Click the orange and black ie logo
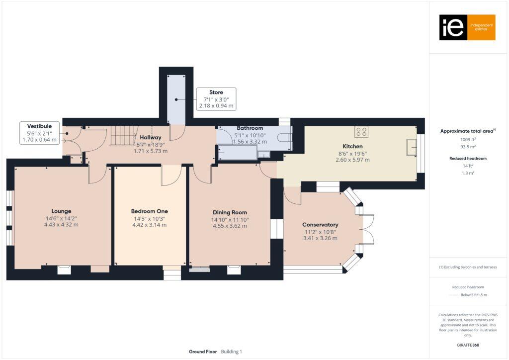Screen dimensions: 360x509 click(x=467, y=27)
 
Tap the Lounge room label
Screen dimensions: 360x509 click(x=61, y=211)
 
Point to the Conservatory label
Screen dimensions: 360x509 click(x=321, y=225)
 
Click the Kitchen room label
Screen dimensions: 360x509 click(x=352, y=147)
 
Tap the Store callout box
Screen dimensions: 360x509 click(x=216, y=99)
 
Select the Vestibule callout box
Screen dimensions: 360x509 click(x=40, y=133)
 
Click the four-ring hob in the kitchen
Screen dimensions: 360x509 click(x=362, y=132)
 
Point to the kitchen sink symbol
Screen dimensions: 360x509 click(x=411, y=148)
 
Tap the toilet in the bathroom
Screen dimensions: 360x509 click(x=284, y=138)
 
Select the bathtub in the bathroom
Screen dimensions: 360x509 click(x=238, y=153)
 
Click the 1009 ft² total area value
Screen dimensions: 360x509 click(x=467, y=140)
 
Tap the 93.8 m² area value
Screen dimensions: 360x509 click(x=467, y=146)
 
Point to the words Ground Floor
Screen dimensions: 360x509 click(x=203, y=352)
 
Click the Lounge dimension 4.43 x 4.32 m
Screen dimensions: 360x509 click(x=61, y=225)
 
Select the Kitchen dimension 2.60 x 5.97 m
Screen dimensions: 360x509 click(x=352, y=160)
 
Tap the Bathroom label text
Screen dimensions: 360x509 click(x=250, y=128)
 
